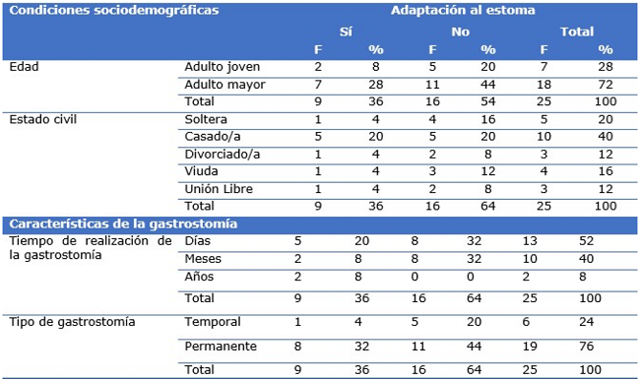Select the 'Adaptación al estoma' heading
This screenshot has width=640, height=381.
click(x=449, y=12)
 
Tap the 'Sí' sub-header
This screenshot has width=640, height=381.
click(x=346, y=32)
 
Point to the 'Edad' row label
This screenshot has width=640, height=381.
click(x=23, y=67)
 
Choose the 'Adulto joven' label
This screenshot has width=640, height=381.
click(x=222, y=67)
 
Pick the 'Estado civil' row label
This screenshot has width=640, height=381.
click(x=44, y=120)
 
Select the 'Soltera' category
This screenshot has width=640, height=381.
click(x=207, y=120)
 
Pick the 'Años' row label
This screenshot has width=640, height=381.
click(x=200, y=278)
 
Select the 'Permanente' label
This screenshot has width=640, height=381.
click(x=221, y=347)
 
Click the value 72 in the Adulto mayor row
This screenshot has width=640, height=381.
click(x=604, y=85)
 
